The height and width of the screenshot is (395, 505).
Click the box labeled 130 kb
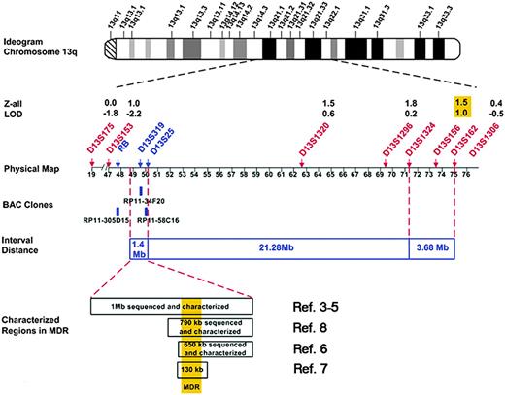[x=190, y=370]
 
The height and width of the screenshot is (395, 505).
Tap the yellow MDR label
[x=190, y=386]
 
